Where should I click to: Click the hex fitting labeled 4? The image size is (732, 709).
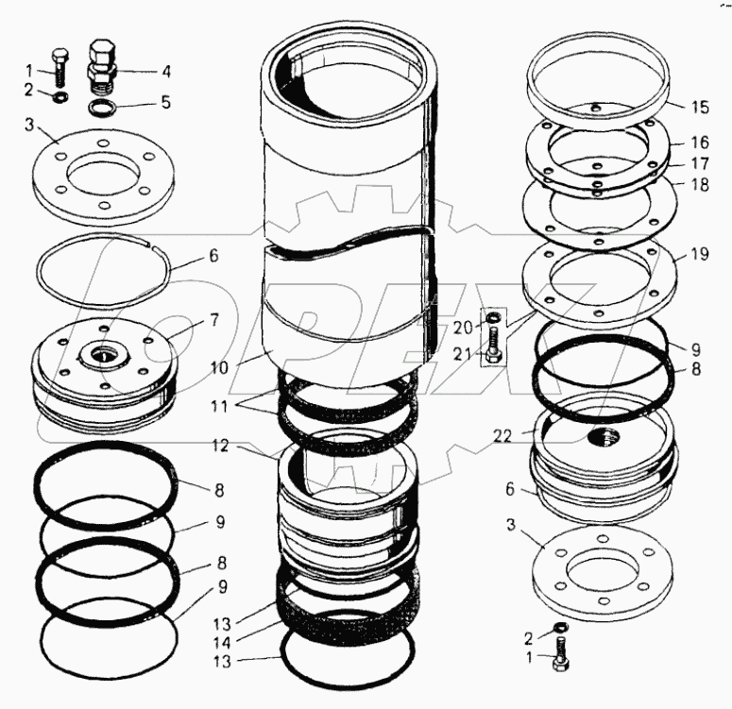[x=101, y=61]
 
